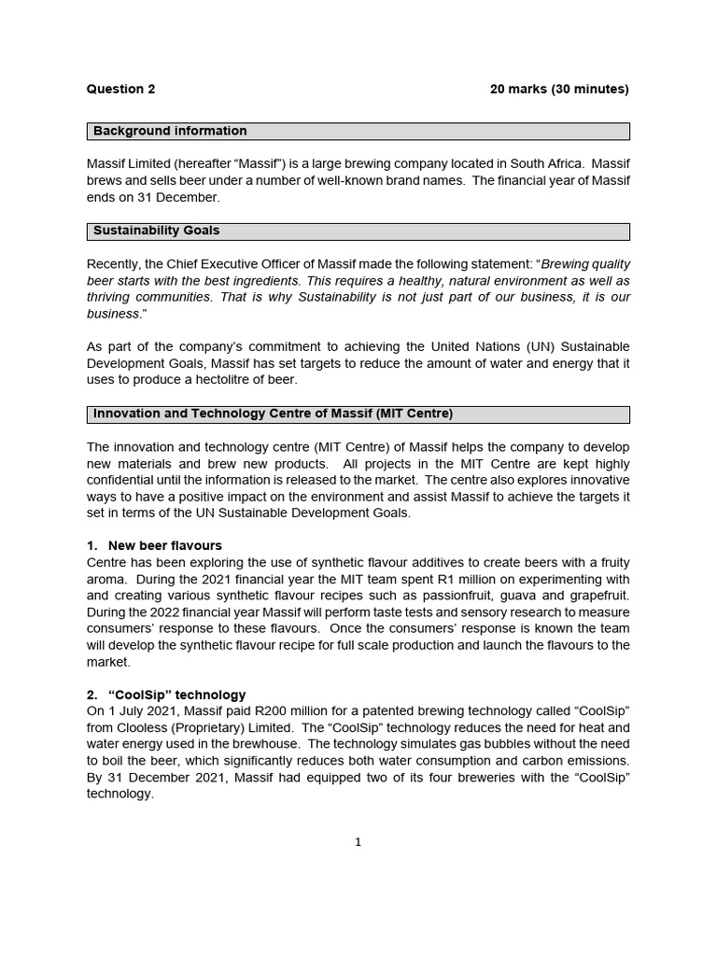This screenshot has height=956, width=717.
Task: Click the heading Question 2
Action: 120,90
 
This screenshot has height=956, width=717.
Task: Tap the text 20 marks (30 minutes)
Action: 559,90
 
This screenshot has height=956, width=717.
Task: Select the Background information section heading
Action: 170,132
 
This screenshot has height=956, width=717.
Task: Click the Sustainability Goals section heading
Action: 157,231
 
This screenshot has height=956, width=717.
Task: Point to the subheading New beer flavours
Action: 164,545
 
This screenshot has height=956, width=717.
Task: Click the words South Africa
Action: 542,164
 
